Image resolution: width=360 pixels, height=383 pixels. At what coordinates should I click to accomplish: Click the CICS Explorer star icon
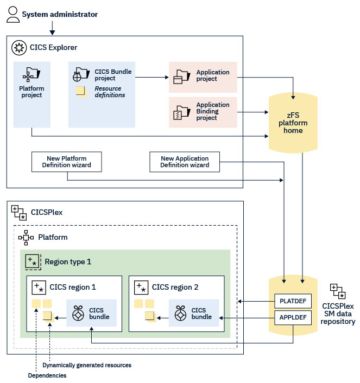[x=20, y=48]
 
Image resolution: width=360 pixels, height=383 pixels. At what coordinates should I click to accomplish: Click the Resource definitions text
[x=110, y=92]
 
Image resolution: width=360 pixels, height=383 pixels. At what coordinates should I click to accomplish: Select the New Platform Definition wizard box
[x=67, y=162]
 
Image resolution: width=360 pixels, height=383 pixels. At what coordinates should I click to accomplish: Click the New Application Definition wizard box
[x=185, y=162]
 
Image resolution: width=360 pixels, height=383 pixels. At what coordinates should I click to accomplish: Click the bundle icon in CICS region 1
[x=78, y=314]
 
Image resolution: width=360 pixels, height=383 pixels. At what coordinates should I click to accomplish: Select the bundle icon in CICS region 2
[x=180, y=314]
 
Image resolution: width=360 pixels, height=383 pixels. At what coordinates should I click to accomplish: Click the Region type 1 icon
[x=34, y=261]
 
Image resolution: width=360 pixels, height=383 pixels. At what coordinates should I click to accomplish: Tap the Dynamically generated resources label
[x=87, y=365]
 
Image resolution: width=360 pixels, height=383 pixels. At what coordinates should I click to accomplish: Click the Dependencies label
[x=47, y=375]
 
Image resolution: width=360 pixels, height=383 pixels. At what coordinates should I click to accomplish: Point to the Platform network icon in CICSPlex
[x=26, y=237]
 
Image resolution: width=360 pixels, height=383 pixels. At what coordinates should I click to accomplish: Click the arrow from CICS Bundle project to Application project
[x=152, y=78]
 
